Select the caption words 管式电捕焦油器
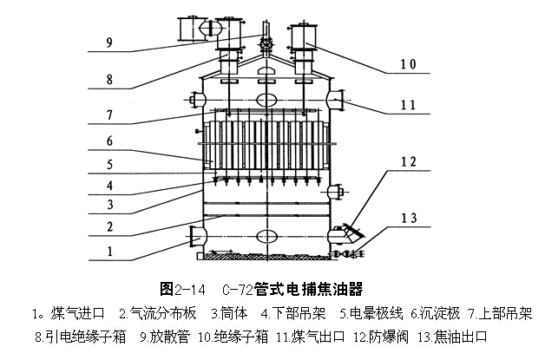coord(317,288)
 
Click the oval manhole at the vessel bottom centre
coord(267,235)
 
